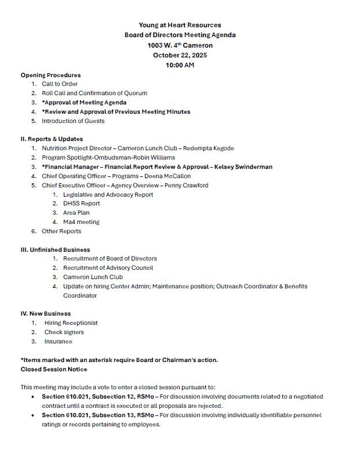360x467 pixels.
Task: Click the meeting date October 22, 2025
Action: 180,55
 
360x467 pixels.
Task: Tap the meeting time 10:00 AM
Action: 180,65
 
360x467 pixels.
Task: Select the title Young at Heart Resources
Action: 180,25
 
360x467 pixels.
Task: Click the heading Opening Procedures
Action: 50,75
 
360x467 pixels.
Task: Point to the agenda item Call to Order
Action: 60,84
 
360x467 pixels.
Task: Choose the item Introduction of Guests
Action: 73,121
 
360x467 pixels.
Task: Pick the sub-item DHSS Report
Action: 81,204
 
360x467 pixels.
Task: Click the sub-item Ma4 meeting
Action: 81,222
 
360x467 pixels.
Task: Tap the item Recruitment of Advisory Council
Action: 108,268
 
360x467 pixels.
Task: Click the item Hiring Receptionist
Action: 71,323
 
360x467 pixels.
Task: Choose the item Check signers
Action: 64,332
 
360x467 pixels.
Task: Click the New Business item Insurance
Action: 59,342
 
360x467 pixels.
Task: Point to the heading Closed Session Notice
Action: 54,369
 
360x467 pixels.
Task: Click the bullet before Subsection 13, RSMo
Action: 33,415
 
